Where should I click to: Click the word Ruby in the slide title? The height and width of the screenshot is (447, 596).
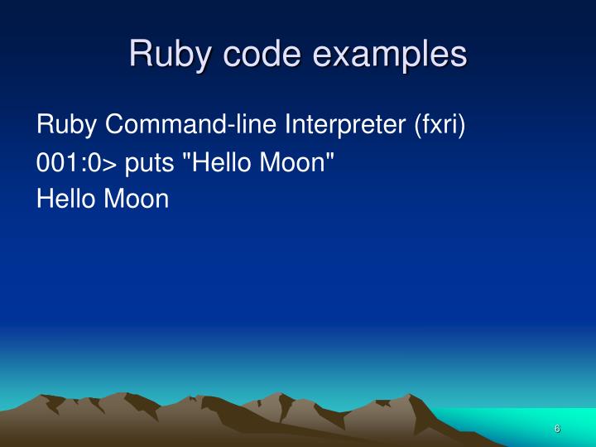[166, 55]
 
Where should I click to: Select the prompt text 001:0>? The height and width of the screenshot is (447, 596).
[79, 162]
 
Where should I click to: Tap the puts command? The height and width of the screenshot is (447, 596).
[156, 162]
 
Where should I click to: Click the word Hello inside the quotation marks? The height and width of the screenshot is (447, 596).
[230, 162]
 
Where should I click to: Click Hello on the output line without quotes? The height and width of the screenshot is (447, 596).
[66, 199]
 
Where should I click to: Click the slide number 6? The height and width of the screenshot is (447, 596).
[557, 429]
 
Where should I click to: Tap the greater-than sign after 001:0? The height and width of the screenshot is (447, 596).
[116, 164]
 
